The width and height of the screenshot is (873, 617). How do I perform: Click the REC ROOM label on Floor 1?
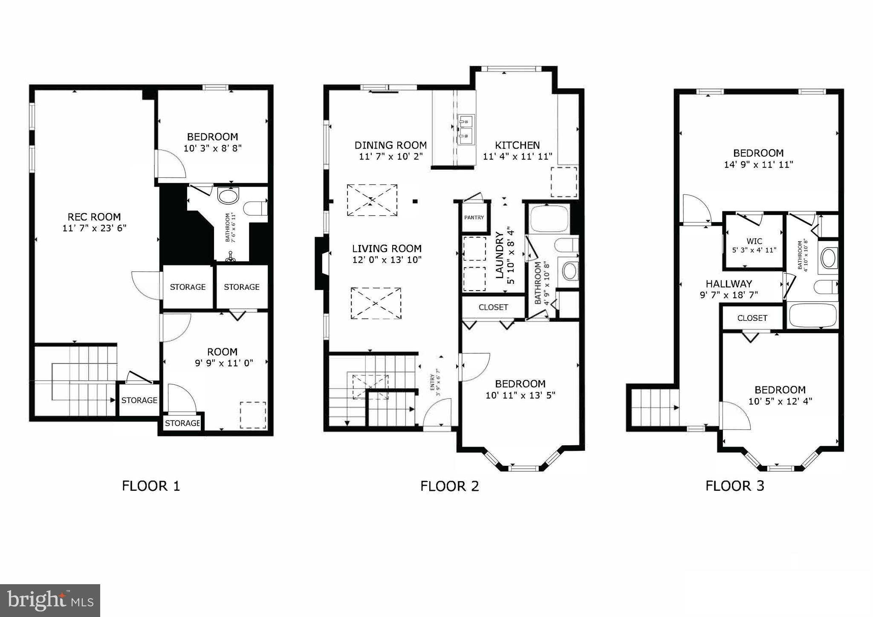coord(94,216)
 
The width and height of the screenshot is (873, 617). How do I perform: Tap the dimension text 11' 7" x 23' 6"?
coord(94,228)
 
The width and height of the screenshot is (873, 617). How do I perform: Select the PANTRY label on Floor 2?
coord(474,217)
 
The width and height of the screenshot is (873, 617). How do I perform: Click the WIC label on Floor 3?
coord(754,241)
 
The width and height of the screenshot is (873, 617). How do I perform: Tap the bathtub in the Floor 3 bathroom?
coord(812,315)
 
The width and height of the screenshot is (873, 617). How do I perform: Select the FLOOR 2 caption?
coord(450,486)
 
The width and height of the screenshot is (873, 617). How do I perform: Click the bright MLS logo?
coord(50,600)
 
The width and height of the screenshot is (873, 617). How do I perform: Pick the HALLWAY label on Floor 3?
coord(728,283)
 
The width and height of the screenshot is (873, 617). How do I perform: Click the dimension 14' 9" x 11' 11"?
coord(758,164)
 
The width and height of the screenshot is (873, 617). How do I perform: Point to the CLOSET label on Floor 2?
coord(493,307)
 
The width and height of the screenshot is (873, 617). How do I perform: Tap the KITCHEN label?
coord(517,145)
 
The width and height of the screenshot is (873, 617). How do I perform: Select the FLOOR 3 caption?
coord(734,486)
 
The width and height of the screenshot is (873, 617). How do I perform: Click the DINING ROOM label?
coord(390,145)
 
